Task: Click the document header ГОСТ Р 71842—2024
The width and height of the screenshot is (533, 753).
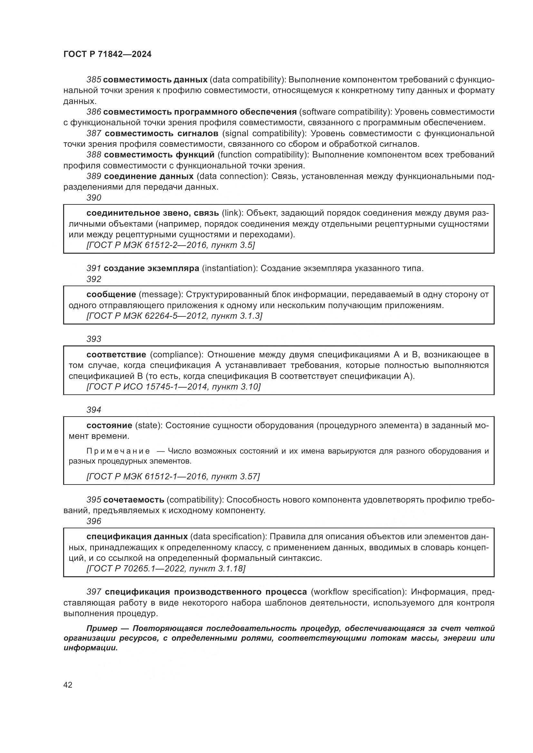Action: pyautogui.click(x=107, y=54)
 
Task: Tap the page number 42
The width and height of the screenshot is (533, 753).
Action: pyautogui.click(x=68, y=685)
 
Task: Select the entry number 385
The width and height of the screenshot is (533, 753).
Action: pyautogui.click(x=93, y=80)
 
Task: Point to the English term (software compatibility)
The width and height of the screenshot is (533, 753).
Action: pyautogui.click(x=345, y=112)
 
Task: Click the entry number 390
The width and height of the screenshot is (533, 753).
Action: pyautogui.click(x=93, y=198)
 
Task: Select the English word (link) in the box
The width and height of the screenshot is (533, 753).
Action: pyautogui.click(x=232, y=213)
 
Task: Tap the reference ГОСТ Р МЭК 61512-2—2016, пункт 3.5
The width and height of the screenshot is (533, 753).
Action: pyautogui.click(x=170, y=245)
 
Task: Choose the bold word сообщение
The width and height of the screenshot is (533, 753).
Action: pyautogui.click(x=111, y=295)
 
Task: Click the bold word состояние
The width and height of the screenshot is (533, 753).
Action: pyautogui.click(x=109, y=425)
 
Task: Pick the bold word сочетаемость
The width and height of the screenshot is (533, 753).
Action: pyautogui.click(x=134, y=500)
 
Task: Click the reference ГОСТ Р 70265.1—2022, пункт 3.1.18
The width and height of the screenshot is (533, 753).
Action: pyautogui.click(x=165, y=568)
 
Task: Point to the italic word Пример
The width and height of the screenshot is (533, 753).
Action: pyautogui.click(x=102, y=628)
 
